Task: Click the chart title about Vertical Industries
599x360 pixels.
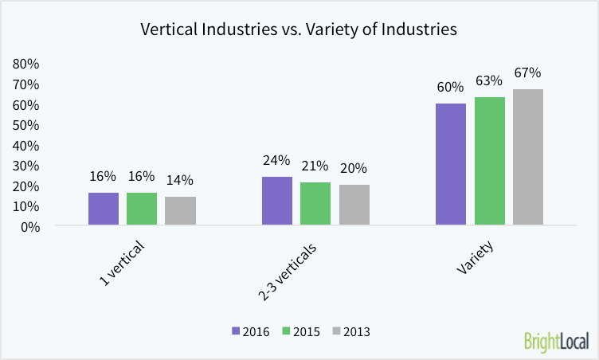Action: point(299,30)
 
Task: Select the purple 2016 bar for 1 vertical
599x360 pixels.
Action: point(104,209)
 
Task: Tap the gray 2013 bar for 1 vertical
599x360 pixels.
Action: point(180,211)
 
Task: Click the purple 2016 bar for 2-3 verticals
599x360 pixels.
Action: point(277,202)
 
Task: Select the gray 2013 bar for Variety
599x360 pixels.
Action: point(528,157)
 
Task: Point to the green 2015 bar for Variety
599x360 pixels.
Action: point(490,162)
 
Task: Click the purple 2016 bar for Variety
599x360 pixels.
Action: point(451,164)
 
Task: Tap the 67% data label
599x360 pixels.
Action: point(527,73)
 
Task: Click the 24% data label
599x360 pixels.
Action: point(277,161)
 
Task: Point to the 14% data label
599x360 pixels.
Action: point(180,181)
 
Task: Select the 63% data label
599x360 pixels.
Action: point(489,81)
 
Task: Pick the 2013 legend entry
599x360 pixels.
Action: point(350,331)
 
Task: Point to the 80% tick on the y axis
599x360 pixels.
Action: point(26,64)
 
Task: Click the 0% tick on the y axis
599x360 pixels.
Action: point(29,226)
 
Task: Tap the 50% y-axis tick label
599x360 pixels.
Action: point(26,125)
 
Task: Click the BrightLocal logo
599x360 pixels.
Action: point(556,341)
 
